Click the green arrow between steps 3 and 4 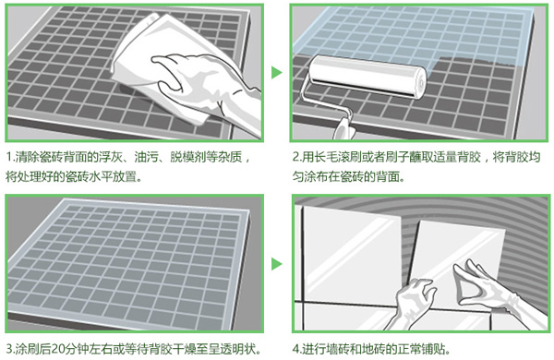point(275,263)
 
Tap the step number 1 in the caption point(8,157)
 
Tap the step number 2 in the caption point(295,157)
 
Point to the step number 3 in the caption point(8,349)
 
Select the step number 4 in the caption point(295,349)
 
